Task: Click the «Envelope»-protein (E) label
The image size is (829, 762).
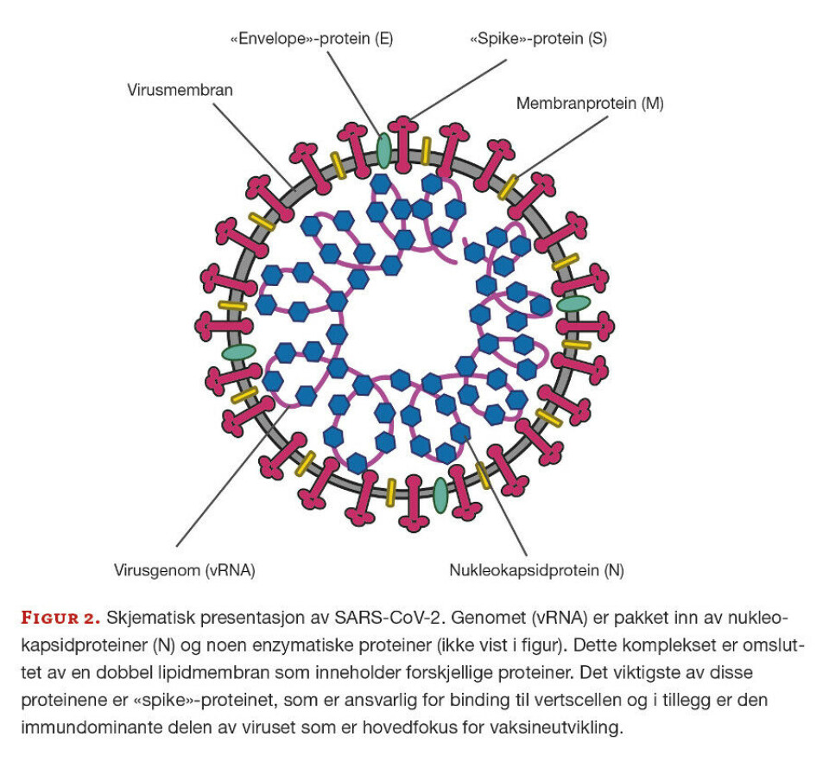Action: point(312,40)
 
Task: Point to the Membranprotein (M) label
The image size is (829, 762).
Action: point(590,103)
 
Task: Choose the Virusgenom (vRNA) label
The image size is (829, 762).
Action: point(185,570)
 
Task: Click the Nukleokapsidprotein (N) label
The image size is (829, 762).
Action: point(536,570)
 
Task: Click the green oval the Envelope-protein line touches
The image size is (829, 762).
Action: point(383,149)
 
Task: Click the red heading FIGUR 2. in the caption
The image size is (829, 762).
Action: point(60,618)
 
